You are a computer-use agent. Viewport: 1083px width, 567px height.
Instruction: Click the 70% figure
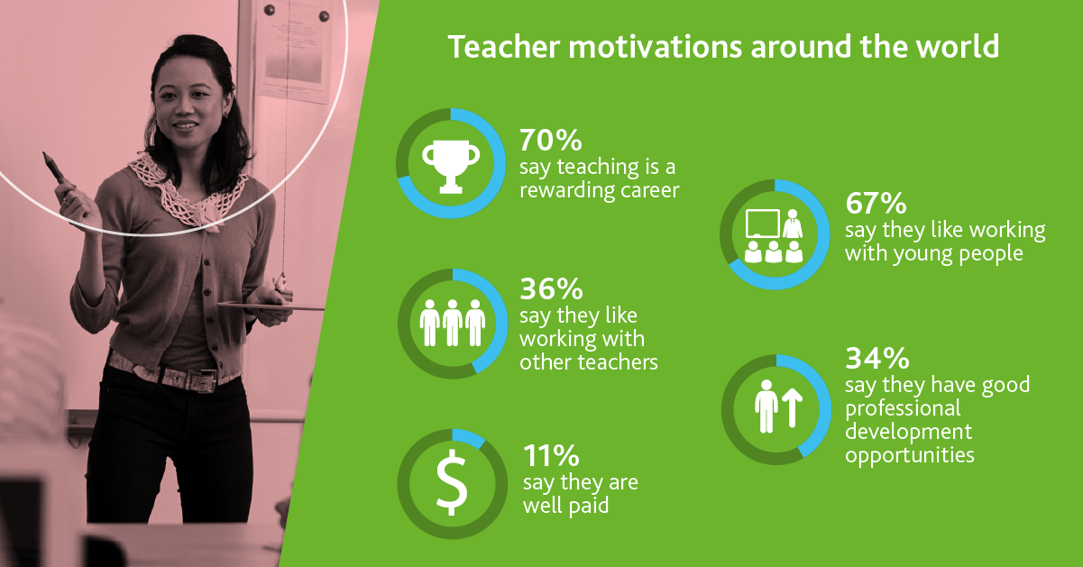coord(551,140)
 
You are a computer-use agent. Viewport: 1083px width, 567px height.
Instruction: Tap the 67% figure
coord(876,203)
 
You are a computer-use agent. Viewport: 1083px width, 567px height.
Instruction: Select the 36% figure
coord(551,288)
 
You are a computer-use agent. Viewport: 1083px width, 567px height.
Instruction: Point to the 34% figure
coord(877,358)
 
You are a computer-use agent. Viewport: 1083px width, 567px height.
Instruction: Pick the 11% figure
coord(551,455)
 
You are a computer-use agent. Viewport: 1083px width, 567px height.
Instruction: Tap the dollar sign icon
coord(452,482)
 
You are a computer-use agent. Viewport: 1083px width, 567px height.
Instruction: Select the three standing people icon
coord(452,323)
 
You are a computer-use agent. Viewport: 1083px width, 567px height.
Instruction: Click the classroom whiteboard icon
coord(763,224)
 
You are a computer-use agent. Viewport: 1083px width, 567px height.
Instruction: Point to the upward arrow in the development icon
coord(792,408)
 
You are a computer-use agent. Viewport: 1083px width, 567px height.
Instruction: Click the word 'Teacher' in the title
coord(504,47)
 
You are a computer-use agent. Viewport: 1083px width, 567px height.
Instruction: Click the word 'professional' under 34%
coord(903,409)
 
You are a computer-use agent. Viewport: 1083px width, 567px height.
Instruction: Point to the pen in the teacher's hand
coord(54,168)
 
